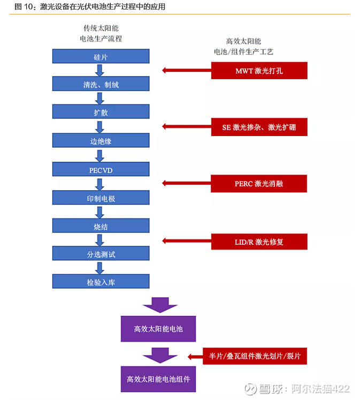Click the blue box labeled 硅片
click(101, 56)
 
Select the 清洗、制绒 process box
click(101, 84)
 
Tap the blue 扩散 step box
click(101, 112)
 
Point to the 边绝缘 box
click(101, 141)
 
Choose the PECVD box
click(101, 170)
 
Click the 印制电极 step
click(101, 198)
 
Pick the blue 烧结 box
click(101, 227)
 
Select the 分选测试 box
click(101, 254)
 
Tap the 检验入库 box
click(101, 282)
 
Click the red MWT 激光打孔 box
click(259, 71)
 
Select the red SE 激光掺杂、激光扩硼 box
click(259, 127)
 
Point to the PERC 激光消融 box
click(259, 184)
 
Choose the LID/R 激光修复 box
click(259, 241)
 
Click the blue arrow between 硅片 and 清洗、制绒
click(99, 70)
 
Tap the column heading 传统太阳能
click(101, 28)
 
